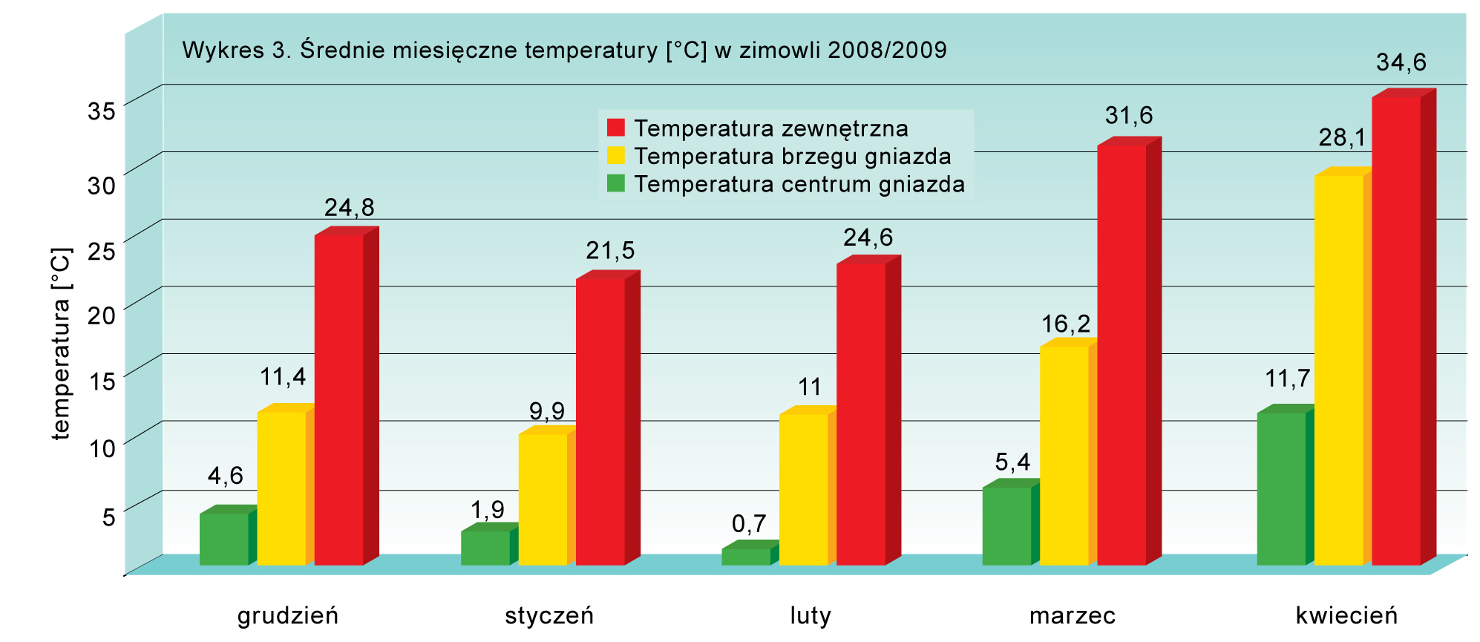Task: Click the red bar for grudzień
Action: point(339,401)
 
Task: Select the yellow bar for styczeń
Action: point(543,499)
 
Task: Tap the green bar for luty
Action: point(746,557)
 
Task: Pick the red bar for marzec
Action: point(1122,355)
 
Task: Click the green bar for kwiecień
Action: point(1281,488)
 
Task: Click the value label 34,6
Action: point(1401,62)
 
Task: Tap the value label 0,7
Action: point(748,524)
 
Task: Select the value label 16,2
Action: point(1065,324)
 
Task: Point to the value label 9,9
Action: point(546,410)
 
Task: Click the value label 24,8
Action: point(349,207)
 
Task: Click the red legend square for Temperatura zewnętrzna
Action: point(615,128)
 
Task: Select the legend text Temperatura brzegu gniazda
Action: point(792,157)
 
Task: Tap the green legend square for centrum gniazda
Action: point(615,183)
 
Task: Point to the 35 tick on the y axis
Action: point(102,111)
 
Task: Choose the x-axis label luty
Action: point(810,615)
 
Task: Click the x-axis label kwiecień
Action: point(1346,615)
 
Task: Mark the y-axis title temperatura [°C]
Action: point(61,344)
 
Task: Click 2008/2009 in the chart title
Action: point(887,50)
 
